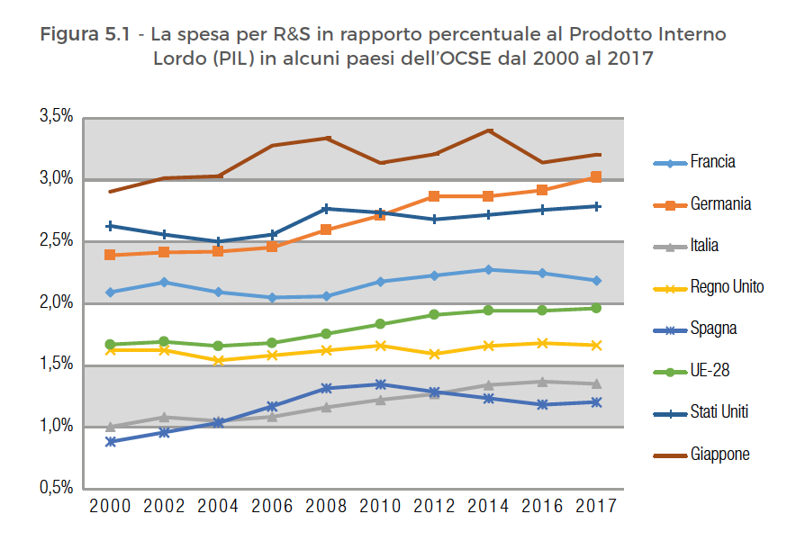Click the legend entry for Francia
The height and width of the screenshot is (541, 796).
(712, 163)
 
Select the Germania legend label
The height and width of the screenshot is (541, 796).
(720, 204)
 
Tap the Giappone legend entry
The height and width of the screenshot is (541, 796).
(719, 455)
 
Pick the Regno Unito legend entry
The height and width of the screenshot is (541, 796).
(727, 287)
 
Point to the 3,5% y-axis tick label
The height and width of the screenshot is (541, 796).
(56, 116)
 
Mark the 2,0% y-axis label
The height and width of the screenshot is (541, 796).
(56, 302)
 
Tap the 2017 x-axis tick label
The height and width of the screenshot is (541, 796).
(595, 507)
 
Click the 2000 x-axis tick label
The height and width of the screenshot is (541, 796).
(110, 507)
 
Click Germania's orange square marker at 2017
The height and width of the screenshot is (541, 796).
(595, 177)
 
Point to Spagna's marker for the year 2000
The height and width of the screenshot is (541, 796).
(110, 442)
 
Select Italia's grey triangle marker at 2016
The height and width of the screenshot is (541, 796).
(542, 382)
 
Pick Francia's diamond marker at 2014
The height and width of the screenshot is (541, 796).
(488, 269)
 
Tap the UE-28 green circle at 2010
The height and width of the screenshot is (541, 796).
(380, 324)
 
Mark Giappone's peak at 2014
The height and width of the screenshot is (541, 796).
(488, 131)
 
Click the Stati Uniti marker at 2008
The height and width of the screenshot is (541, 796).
(327, 209)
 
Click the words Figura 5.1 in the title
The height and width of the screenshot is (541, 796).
(88, 36)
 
